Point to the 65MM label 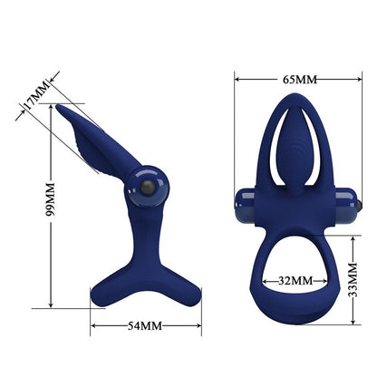pyautogui.click(x=300, y=79)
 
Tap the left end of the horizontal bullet pyautogui.click(x=239, y=204)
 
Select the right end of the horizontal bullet pyautogui.click(x=362, y=204)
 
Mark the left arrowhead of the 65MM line pyautogui.click(x=237, y=79)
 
